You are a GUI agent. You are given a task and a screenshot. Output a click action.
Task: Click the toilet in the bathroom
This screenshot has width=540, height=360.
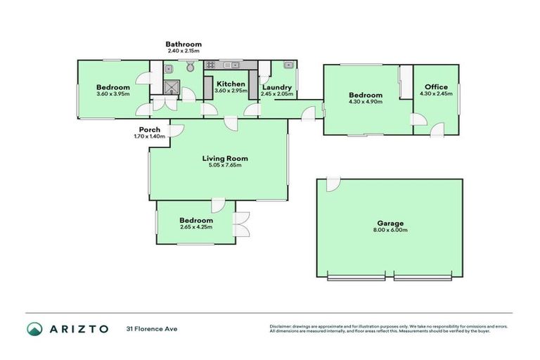pos(191,67)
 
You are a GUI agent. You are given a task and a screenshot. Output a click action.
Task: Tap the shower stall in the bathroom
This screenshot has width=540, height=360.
pos(172,86)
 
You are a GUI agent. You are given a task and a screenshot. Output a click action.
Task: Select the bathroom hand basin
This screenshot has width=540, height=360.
pos(169,68)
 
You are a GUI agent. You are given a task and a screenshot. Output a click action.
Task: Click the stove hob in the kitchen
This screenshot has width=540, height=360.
pos(212,65)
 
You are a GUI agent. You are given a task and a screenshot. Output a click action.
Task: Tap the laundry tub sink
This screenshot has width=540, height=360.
pos(288,65)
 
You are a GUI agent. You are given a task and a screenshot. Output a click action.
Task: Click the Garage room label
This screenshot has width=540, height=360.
pos(390,223)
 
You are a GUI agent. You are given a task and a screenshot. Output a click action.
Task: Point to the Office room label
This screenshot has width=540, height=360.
pos(435,86)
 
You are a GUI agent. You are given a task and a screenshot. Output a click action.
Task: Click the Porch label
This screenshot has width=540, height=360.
pos(149,129)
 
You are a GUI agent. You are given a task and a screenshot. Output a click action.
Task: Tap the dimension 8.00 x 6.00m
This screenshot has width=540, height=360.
pos(390,230)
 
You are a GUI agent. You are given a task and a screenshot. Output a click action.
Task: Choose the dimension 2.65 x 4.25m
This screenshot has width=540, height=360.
pos(195,227)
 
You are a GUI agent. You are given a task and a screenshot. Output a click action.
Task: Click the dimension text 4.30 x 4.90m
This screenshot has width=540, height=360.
pos(366,102)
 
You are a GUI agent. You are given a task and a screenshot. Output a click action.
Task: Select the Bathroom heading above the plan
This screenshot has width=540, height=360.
pos(184,44)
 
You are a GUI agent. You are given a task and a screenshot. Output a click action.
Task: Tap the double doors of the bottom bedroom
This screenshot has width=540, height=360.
pos(242,223)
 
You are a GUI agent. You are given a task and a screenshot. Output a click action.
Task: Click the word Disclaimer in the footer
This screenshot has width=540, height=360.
pos(283,326)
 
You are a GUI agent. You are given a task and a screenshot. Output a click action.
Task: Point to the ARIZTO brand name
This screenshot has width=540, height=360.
pos(79,328)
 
